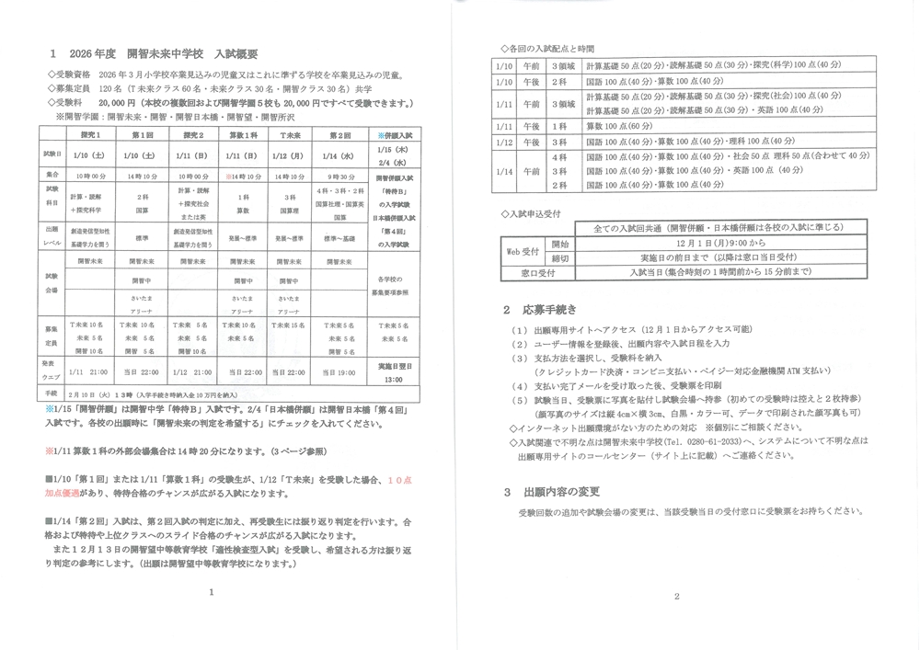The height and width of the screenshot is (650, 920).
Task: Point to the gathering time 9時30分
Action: [x=338, y=175]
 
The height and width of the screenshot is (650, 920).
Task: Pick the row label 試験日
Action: [x=51, y=154]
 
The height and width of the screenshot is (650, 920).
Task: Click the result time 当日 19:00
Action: [x=338, y=371]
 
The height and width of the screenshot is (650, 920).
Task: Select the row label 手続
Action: [x=51, y=391]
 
